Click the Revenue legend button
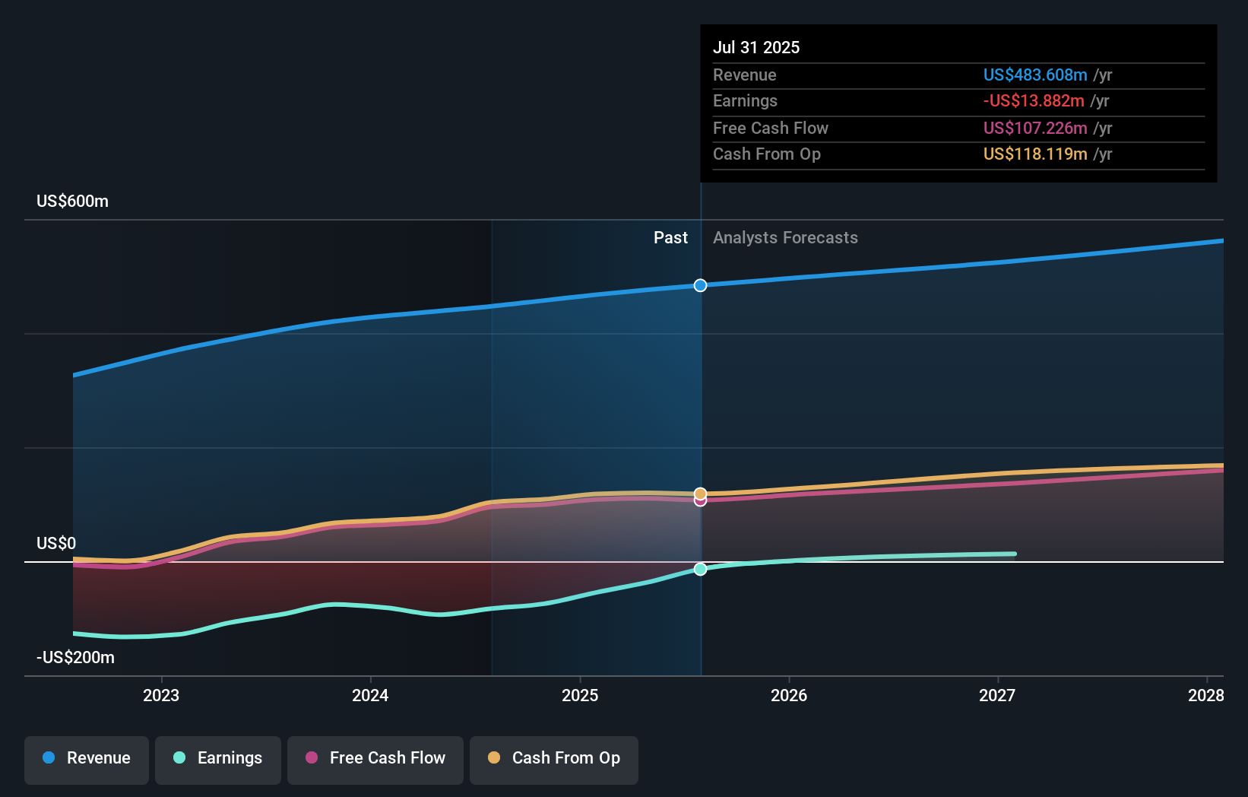point(87,758)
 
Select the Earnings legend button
point(218,758)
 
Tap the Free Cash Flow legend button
point(375,758)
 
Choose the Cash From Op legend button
point(554,758)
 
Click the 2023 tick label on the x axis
point(161,695)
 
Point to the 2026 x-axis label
point(789,695)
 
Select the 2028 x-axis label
point(1205,695)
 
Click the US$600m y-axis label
point(72,202)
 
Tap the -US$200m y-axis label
point(75,658)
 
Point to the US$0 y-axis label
point(56,544)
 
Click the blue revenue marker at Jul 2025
point(701,285)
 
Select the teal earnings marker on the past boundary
point(701,569)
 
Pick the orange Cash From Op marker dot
point(701,494)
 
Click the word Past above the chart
point(670,238)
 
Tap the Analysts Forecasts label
point(785,238)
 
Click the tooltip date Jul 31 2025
point(756,47)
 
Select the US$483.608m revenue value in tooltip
point(1035,75)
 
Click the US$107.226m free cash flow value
point(1035,128)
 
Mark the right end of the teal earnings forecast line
point(1015,554)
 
